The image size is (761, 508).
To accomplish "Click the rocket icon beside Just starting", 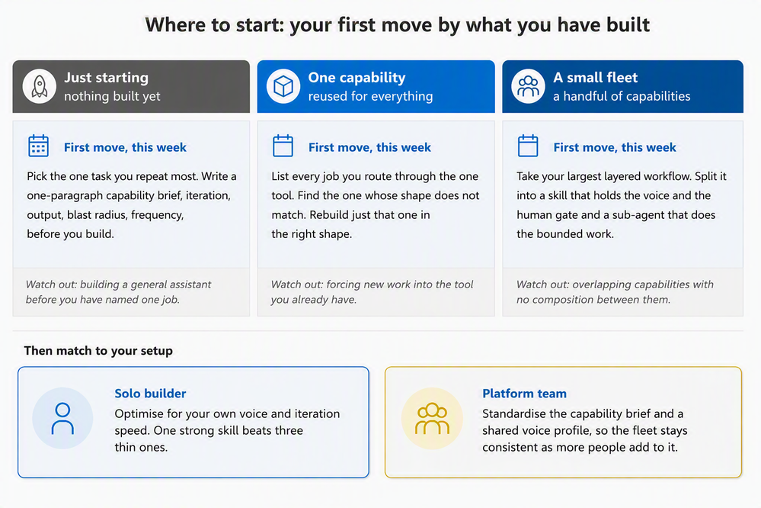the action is [x=40, y=86].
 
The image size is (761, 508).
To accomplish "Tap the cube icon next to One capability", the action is [x=283, y=86].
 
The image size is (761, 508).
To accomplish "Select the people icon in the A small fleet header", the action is [x=528, y=86].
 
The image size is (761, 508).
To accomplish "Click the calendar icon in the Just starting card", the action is [x=38, y=146].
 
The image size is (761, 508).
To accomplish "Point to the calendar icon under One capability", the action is [x=283, y=146].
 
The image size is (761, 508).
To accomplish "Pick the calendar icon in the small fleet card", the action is [x=528, y=146].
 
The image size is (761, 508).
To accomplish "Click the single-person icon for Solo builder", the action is [x=62, y=418].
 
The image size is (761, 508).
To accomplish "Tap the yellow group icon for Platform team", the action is [x=432, y=418].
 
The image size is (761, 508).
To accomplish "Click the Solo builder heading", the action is [x=151, y=394].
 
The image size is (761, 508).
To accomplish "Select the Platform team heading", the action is [x=524, y=394].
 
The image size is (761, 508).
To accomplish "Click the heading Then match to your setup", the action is [x=98, y=351].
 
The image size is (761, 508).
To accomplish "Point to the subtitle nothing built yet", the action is [x=112, y=96].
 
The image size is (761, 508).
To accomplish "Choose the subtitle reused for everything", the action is [x=370, y=96].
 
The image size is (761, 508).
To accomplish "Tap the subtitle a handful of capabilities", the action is [x=622, y=96].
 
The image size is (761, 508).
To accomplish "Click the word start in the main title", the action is [x=260, y=25].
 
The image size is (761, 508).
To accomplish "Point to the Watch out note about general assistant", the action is [x=118, y=291].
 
